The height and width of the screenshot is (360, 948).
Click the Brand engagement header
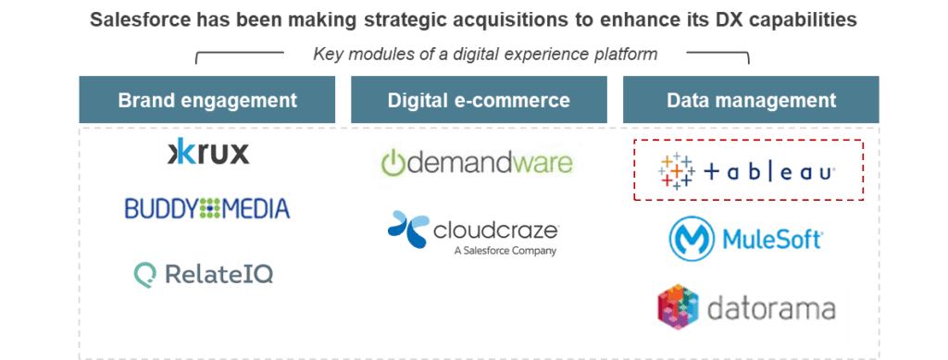point(206,100)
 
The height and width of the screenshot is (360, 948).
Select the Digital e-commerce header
point(479,100)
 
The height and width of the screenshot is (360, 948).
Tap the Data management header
point(751,100)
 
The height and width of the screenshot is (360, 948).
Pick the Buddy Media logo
point(206,208)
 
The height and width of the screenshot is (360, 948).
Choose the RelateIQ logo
point(204,274)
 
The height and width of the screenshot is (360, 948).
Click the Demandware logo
point(477,165)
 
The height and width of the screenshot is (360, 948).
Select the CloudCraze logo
point(473,233)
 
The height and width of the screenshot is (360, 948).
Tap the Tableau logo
point(747,171)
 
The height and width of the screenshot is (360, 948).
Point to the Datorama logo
point(746,309)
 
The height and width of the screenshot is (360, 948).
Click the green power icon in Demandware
point(393,164)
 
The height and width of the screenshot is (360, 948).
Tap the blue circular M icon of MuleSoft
point(689,239)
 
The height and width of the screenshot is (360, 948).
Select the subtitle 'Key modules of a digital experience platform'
point(485,54)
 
